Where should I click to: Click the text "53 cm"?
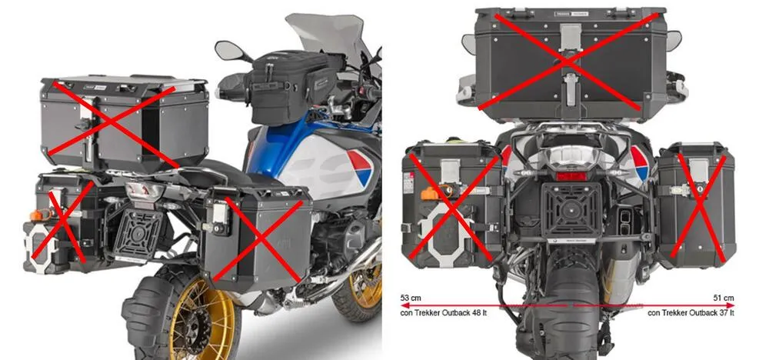411,297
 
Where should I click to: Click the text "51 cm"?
724,297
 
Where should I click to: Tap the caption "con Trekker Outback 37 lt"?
691,313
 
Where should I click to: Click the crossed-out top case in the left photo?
123,123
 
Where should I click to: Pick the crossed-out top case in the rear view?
570,62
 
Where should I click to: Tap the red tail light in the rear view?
571,175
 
